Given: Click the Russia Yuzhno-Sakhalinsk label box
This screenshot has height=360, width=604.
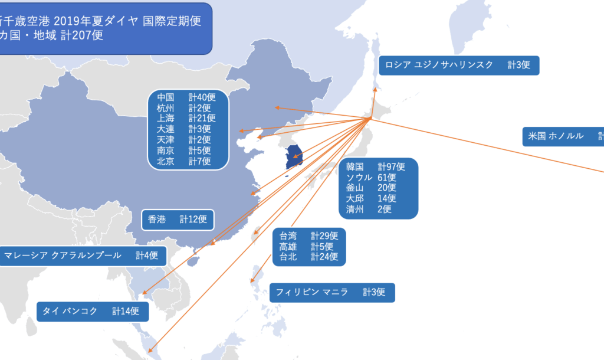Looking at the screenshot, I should pos(458,65).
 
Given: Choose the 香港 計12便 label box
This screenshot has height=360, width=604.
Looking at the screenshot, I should pos(178,220).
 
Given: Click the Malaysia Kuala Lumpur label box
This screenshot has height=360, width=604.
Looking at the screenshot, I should pos(81,256).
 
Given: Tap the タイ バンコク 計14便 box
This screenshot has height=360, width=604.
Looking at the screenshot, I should pos(91,311).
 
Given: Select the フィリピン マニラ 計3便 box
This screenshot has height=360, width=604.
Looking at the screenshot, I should pos(331,292).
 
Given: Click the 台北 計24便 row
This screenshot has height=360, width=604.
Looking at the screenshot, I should pos(308,257).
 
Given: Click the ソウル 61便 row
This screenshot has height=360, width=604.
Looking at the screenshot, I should pos(371,177).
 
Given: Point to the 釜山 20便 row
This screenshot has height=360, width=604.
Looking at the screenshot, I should pos(371,188).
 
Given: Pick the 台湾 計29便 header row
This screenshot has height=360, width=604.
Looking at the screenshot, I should pos(308,236).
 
